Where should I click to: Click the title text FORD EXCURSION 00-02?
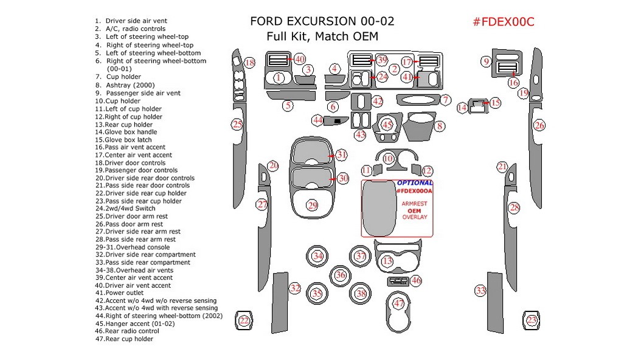pyautogui.click(x=322, y=21)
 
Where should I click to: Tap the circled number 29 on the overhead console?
pyautogui.click(x=313, y=206)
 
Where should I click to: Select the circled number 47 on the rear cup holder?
pyautogui.click(x=399, y=303)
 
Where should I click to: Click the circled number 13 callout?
pyautogui.click(x=387, y=261)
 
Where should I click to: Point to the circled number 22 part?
pyautogui.click(x=244, y=320)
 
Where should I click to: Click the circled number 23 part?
pyautogui.click(x=532, y=320)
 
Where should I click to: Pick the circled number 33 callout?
pyautogui.click(x=481, y=291)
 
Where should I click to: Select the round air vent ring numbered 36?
pyautogui.click(x=340, y=275)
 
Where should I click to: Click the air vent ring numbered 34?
pyautogui.click(x=317, y=256)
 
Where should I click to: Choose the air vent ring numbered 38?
pyautogui.click(x=361, y=294)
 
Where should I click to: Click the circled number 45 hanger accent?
pyautogui.click(x=387, y=125)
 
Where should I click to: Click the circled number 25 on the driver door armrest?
pyautogui.click(x=237, y=125)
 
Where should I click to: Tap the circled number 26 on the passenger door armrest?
pyautogui.click(x=539, y=125)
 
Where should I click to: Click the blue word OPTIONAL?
pyautogui.click(x=415, y=182)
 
